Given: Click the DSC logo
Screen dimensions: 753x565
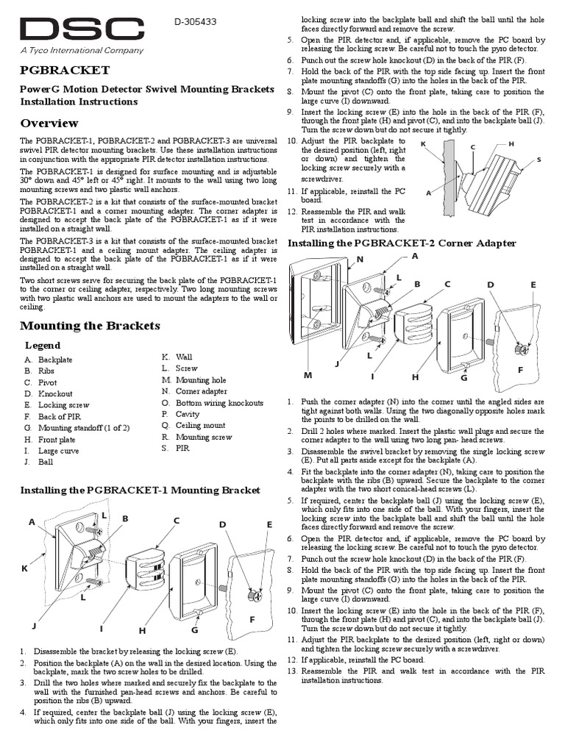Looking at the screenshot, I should [x=81, y=30].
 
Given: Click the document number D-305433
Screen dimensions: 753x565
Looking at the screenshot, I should [x=195, y=23].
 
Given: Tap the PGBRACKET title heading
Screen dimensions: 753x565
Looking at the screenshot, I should [x=65, y=70].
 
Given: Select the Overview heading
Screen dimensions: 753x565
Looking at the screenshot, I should [x=49, y=123].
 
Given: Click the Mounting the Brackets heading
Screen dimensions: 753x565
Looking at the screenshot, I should [x=90, y=325].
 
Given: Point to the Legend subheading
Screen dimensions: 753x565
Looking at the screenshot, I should [x=43, y=345].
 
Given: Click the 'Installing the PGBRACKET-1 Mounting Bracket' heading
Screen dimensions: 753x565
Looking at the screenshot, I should [x=140, y=490].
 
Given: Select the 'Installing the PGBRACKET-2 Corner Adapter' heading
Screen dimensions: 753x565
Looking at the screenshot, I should [x=402, y=243].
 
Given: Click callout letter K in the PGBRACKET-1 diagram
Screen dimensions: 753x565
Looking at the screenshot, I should [x=24, y=568].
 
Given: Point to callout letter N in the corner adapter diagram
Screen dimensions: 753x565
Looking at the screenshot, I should [x=360, y=260].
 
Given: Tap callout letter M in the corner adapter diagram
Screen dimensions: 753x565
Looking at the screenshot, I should [x=308, y=375].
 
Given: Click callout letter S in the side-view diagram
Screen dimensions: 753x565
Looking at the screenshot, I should [x=539, y=159].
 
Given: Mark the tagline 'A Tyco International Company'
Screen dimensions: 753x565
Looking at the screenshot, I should [x=82, y=51].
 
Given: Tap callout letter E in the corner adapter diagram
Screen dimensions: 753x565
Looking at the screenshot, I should [x=533, y=285].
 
